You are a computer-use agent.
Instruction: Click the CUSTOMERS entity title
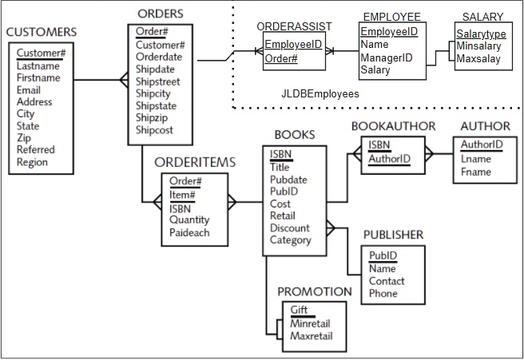[x=42, y=32]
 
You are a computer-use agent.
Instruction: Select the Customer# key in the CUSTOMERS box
[x=41, y=53]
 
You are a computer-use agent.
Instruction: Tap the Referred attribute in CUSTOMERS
[x=36, y=150]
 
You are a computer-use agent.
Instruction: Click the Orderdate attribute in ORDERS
[x=158, y=57]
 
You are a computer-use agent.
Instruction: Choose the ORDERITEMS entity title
[x=195, y=162]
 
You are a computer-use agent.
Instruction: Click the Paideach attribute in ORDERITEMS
[x=190, y=232]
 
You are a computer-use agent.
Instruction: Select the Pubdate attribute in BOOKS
[x=289, y=180]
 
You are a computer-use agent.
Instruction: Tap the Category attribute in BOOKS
[x=290, y=239]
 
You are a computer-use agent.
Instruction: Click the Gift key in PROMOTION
[x=299, y=310]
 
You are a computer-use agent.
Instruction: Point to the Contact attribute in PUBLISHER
[x=387, y=281]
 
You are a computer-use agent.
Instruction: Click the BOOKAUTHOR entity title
[x=393, y=126]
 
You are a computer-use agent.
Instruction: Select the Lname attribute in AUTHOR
[x=476, y=159]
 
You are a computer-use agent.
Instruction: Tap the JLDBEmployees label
[x=320, y=93]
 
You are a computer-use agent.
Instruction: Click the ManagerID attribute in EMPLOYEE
[x=386, y=57]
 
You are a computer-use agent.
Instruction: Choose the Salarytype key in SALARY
[x=481, y=34]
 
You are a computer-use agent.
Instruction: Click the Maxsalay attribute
[x=479, y=58]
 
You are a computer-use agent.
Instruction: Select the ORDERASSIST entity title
[x=293, y=26]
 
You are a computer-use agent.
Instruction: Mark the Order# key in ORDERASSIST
[x=280, y=59]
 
